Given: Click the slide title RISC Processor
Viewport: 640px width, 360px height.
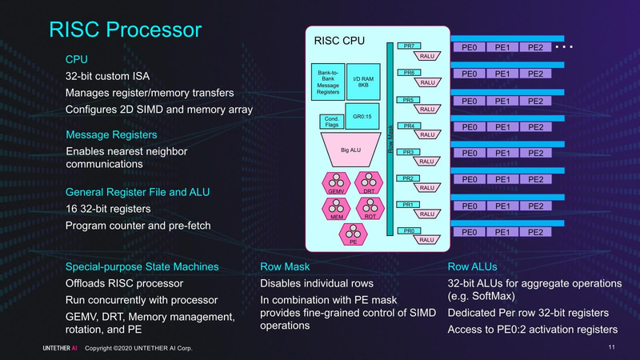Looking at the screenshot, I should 125,30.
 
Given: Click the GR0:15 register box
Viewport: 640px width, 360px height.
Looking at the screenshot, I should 361,115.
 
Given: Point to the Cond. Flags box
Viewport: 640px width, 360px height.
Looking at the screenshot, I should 330,122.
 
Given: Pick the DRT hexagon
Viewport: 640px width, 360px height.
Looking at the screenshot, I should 369,183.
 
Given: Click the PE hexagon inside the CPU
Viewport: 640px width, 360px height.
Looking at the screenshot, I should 352,233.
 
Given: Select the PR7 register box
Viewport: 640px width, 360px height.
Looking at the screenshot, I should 408,46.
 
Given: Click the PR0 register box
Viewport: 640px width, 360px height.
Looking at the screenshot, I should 408,230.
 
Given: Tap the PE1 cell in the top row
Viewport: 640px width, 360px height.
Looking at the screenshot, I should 502,47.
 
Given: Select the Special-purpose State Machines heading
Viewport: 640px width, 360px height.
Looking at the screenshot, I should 142,266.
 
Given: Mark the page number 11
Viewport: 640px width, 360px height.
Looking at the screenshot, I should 611,348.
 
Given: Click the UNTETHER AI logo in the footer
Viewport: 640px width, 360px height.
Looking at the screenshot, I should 61,349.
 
